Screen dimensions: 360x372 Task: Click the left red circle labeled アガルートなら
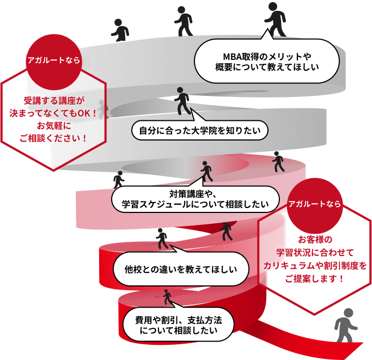click(54, 60)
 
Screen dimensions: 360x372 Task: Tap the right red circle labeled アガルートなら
click(315, 204)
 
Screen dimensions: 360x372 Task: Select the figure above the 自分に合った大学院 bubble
click(184, 101)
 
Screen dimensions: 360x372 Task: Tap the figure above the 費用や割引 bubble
click(167, 297)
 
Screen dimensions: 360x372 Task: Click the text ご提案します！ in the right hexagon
click(315, 278)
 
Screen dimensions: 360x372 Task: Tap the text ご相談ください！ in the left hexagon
click(53, 138)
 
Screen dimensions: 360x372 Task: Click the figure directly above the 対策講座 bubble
click(206, 172)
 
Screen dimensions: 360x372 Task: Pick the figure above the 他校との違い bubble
click(162, 238)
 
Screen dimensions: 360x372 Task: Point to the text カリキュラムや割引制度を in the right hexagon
click(315, 265)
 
